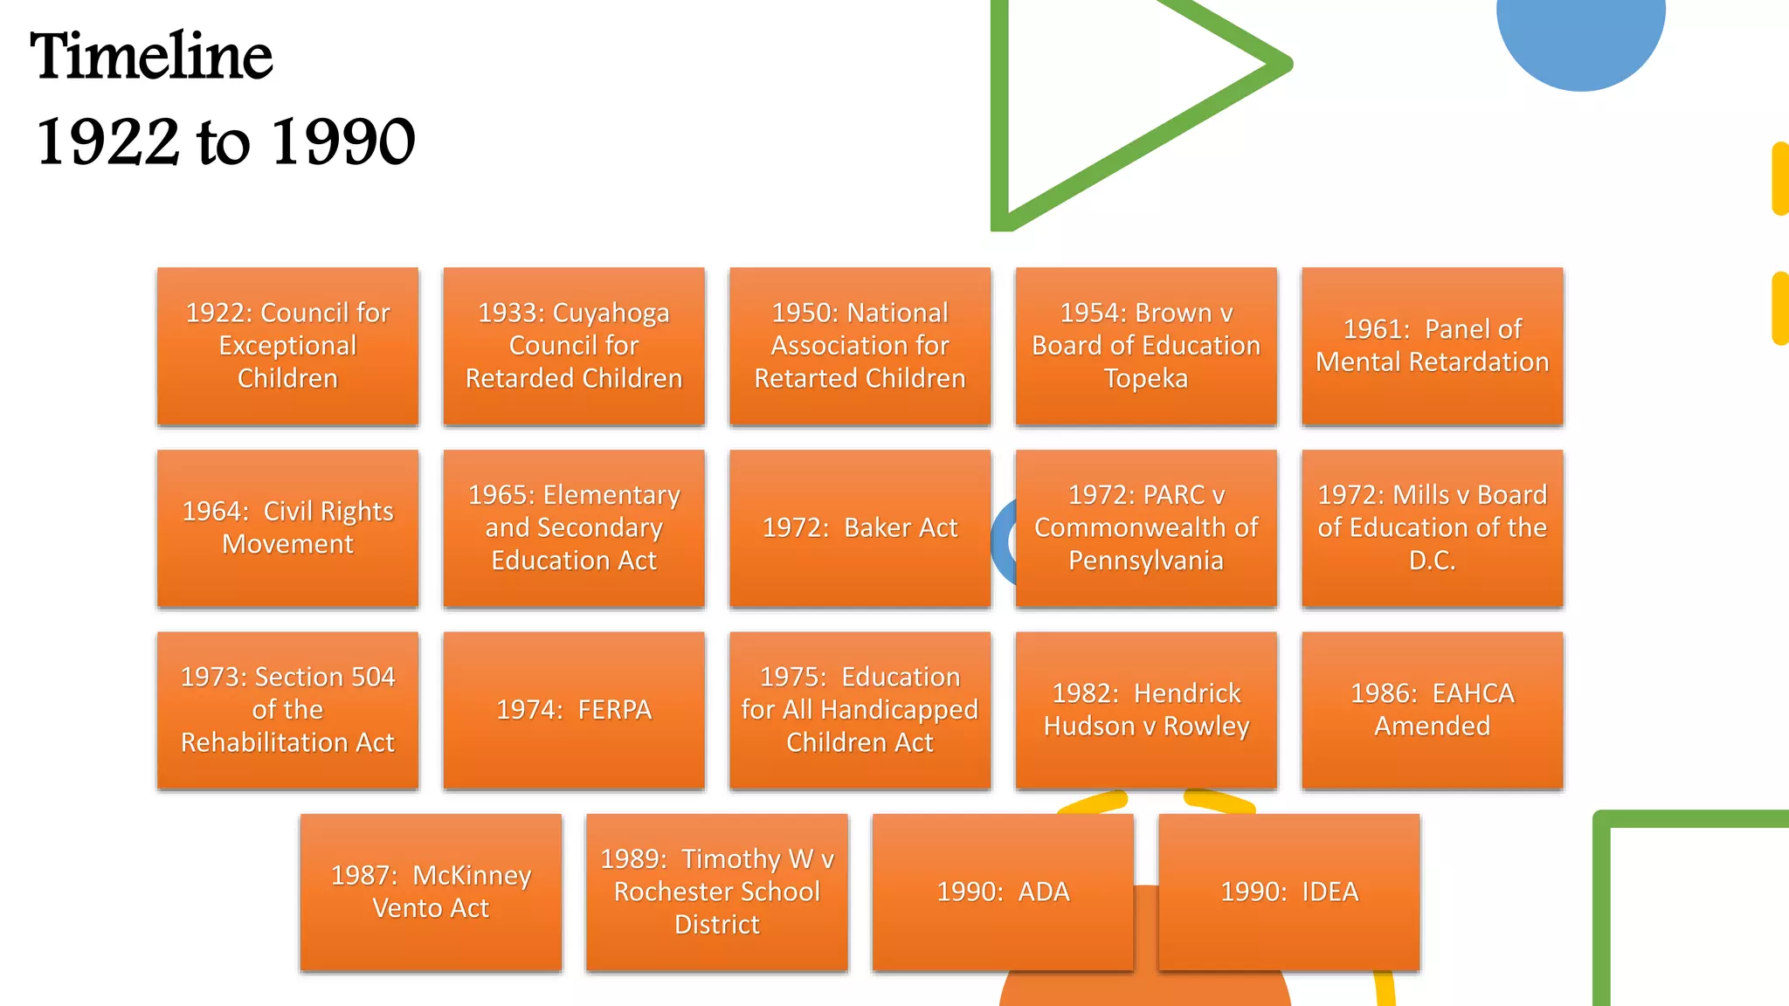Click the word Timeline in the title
pyautogui.click(x=151, y=57)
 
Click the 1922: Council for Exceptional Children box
pyautogui.click(x=287, y=346)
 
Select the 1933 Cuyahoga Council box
pyautogui.click(x=573, y=346)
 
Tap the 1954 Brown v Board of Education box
pyautogui.click(x=1145, y=346)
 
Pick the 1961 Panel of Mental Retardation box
pyautogui.click(x=1432, y=346)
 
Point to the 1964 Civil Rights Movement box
pyautogui.click(x=287, y=527)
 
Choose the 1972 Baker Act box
pyautogui.click(x=860, y=527)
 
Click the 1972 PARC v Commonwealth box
pyautogui.click(x=1145, y=527)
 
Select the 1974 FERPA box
pyautogui.click(x=573, y=709)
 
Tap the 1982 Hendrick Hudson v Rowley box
pyautogui.click(x=1145, y=709)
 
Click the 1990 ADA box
pyautogui.click(x=1003, y=892)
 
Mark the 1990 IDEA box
pyautogui.click(x=1288, y=892)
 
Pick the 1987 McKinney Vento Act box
pyautogui.click(x=431, y=892)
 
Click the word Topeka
pyautogui.click(x=1145, y=379)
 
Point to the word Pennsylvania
pyautogui.click(x=1145, y=561)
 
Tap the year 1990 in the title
pyautogui.click(x=342, y=141)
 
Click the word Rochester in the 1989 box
pyautogui.click(x=673, y=892)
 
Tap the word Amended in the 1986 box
pyautogui.click(x=1432, y=726)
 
